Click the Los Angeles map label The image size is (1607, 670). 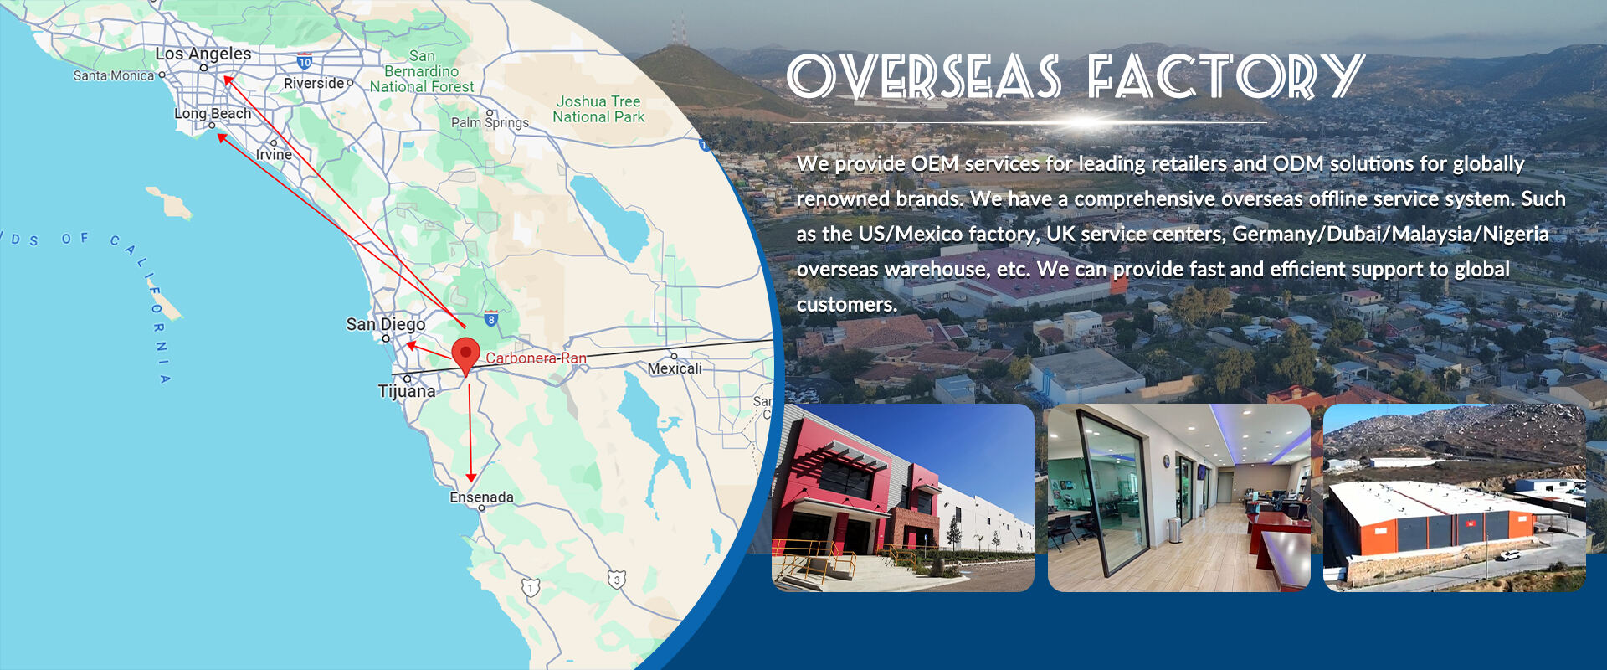click(203, 54)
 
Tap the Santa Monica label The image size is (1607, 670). click(114, 75)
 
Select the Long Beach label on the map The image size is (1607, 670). click(213, 113)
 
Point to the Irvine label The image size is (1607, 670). click(274, 154)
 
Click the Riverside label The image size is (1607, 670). click(314, 83)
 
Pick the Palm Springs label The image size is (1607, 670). click(490, 122)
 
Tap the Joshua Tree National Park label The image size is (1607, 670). click(598, 109)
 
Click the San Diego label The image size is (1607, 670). click(386, 324)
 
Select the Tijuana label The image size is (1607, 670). click(407, 391)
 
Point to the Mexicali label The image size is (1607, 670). click(675, 368)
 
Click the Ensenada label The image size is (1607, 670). click(482, 497)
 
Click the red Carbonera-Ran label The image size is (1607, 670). click(536, 358)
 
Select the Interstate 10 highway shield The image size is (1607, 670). click(305, 61)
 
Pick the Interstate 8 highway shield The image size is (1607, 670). click(491, 318)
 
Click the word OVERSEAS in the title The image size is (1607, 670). click(924, 77)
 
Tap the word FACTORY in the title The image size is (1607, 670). click(1226, 77)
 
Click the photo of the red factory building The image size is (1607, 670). click(903, 497)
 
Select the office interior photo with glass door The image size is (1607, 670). click(1178, 497)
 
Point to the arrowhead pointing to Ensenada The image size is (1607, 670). click(470, 477)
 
